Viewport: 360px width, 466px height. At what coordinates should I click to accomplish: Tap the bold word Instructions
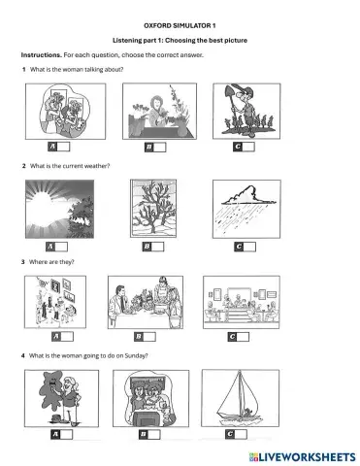point(41,55)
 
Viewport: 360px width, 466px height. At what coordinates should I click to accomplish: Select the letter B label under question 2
point(147,248)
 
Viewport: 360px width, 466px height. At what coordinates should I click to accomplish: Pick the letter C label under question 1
point(238,147)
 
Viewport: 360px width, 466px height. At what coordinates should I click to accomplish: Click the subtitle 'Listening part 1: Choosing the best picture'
point(181,38)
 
